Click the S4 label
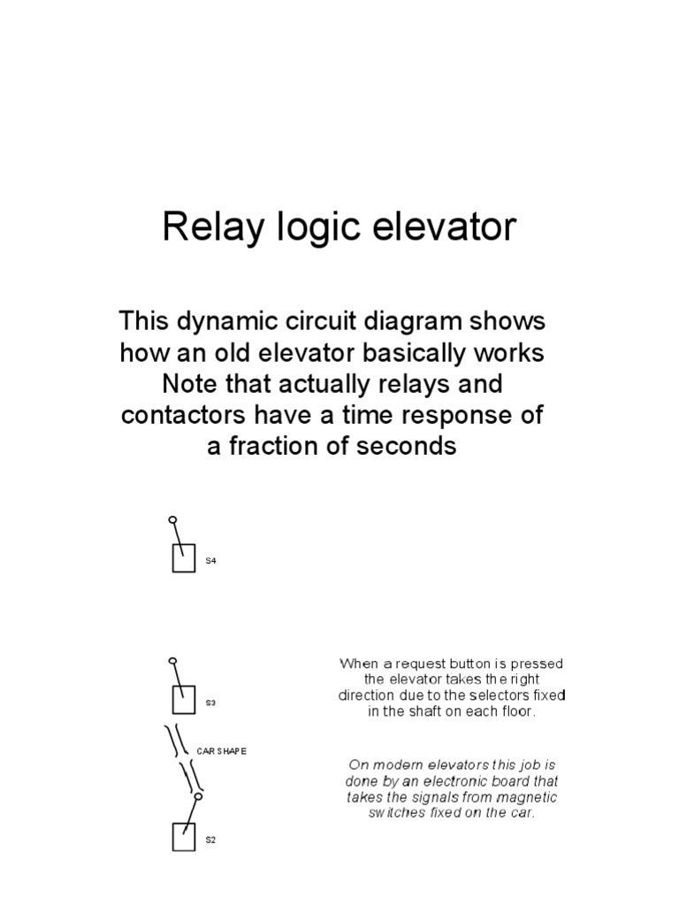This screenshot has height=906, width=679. (210, 561)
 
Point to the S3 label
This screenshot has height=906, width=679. (210, 703)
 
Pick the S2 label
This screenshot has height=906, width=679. (210, 840)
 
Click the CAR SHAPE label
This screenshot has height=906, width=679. (221, 750)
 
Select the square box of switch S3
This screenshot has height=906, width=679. (183, 700)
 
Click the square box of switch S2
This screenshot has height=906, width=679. (183, 837)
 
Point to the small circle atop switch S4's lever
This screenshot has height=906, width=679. (172, 520)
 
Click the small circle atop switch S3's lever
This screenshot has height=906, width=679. (172, 660)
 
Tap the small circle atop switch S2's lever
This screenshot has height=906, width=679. (198, 796)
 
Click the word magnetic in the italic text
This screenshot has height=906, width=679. (523, 797)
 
